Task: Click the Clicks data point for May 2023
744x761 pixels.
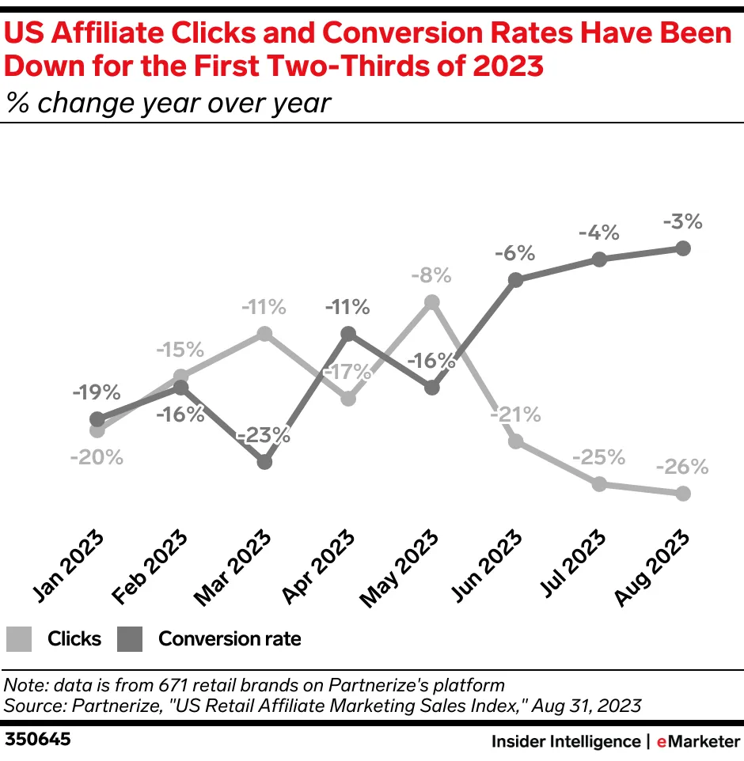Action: point(431,301)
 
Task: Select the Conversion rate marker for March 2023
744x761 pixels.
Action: point(265,461)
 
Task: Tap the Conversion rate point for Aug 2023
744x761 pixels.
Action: point(684,248)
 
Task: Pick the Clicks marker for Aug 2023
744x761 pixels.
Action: point(684,494)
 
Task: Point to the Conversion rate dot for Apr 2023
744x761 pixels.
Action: point(348,334)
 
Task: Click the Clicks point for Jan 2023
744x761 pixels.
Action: point(97,430)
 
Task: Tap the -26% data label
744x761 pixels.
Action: point(682,467)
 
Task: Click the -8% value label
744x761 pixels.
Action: point(431,276)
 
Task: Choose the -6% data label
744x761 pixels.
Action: point(515,254)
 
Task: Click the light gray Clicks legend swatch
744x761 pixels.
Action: point(18,639)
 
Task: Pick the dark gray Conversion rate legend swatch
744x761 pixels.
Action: point(130,639)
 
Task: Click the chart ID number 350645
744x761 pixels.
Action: point(38,740)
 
